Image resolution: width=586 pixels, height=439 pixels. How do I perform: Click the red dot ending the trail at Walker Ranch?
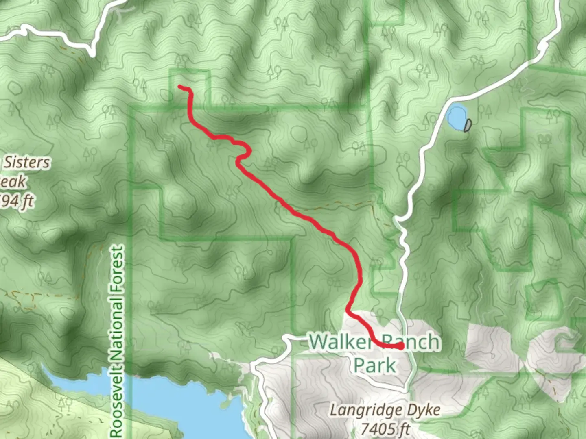point(401,346)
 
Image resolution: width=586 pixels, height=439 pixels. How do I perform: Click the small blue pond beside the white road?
point(456,116)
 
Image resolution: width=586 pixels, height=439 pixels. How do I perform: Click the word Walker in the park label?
point(340,342)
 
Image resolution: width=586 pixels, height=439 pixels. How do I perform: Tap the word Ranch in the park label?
point(411,342)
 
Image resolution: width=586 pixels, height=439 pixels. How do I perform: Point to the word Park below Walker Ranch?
point(375,365)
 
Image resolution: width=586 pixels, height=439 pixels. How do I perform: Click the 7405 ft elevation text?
point(385,429)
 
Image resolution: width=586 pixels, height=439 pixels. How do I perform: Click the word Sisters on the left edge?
point(26,163)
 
